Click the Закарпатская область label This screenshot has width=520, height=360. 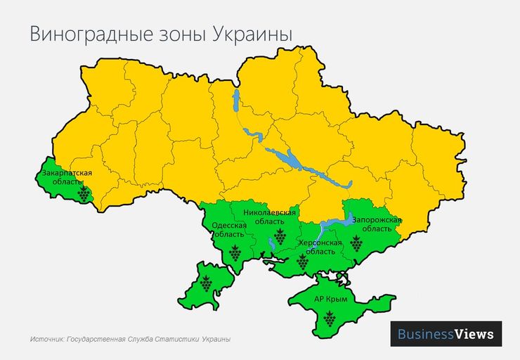(67, 176)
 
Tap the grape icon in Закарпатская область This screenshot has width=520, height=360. (84, 194)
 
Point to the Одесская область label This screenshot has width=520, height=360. (229, 230)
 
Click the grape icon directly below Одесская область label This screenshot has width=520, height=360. (235, 252)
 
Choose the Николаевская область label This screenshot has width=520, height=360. (270, 217)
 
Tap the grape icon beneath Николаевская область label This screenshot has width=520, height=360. (279, 237)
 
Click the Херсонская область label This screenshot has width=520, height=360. (320, 246)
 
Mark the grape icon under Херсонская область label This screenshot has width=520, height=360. (303, 262)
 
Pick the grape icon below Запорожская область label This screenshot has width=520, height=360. (356, 244)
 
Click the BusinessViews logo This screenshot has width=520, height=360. (446, 333)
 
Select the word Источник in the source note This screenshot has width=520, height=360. (47, 340)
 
